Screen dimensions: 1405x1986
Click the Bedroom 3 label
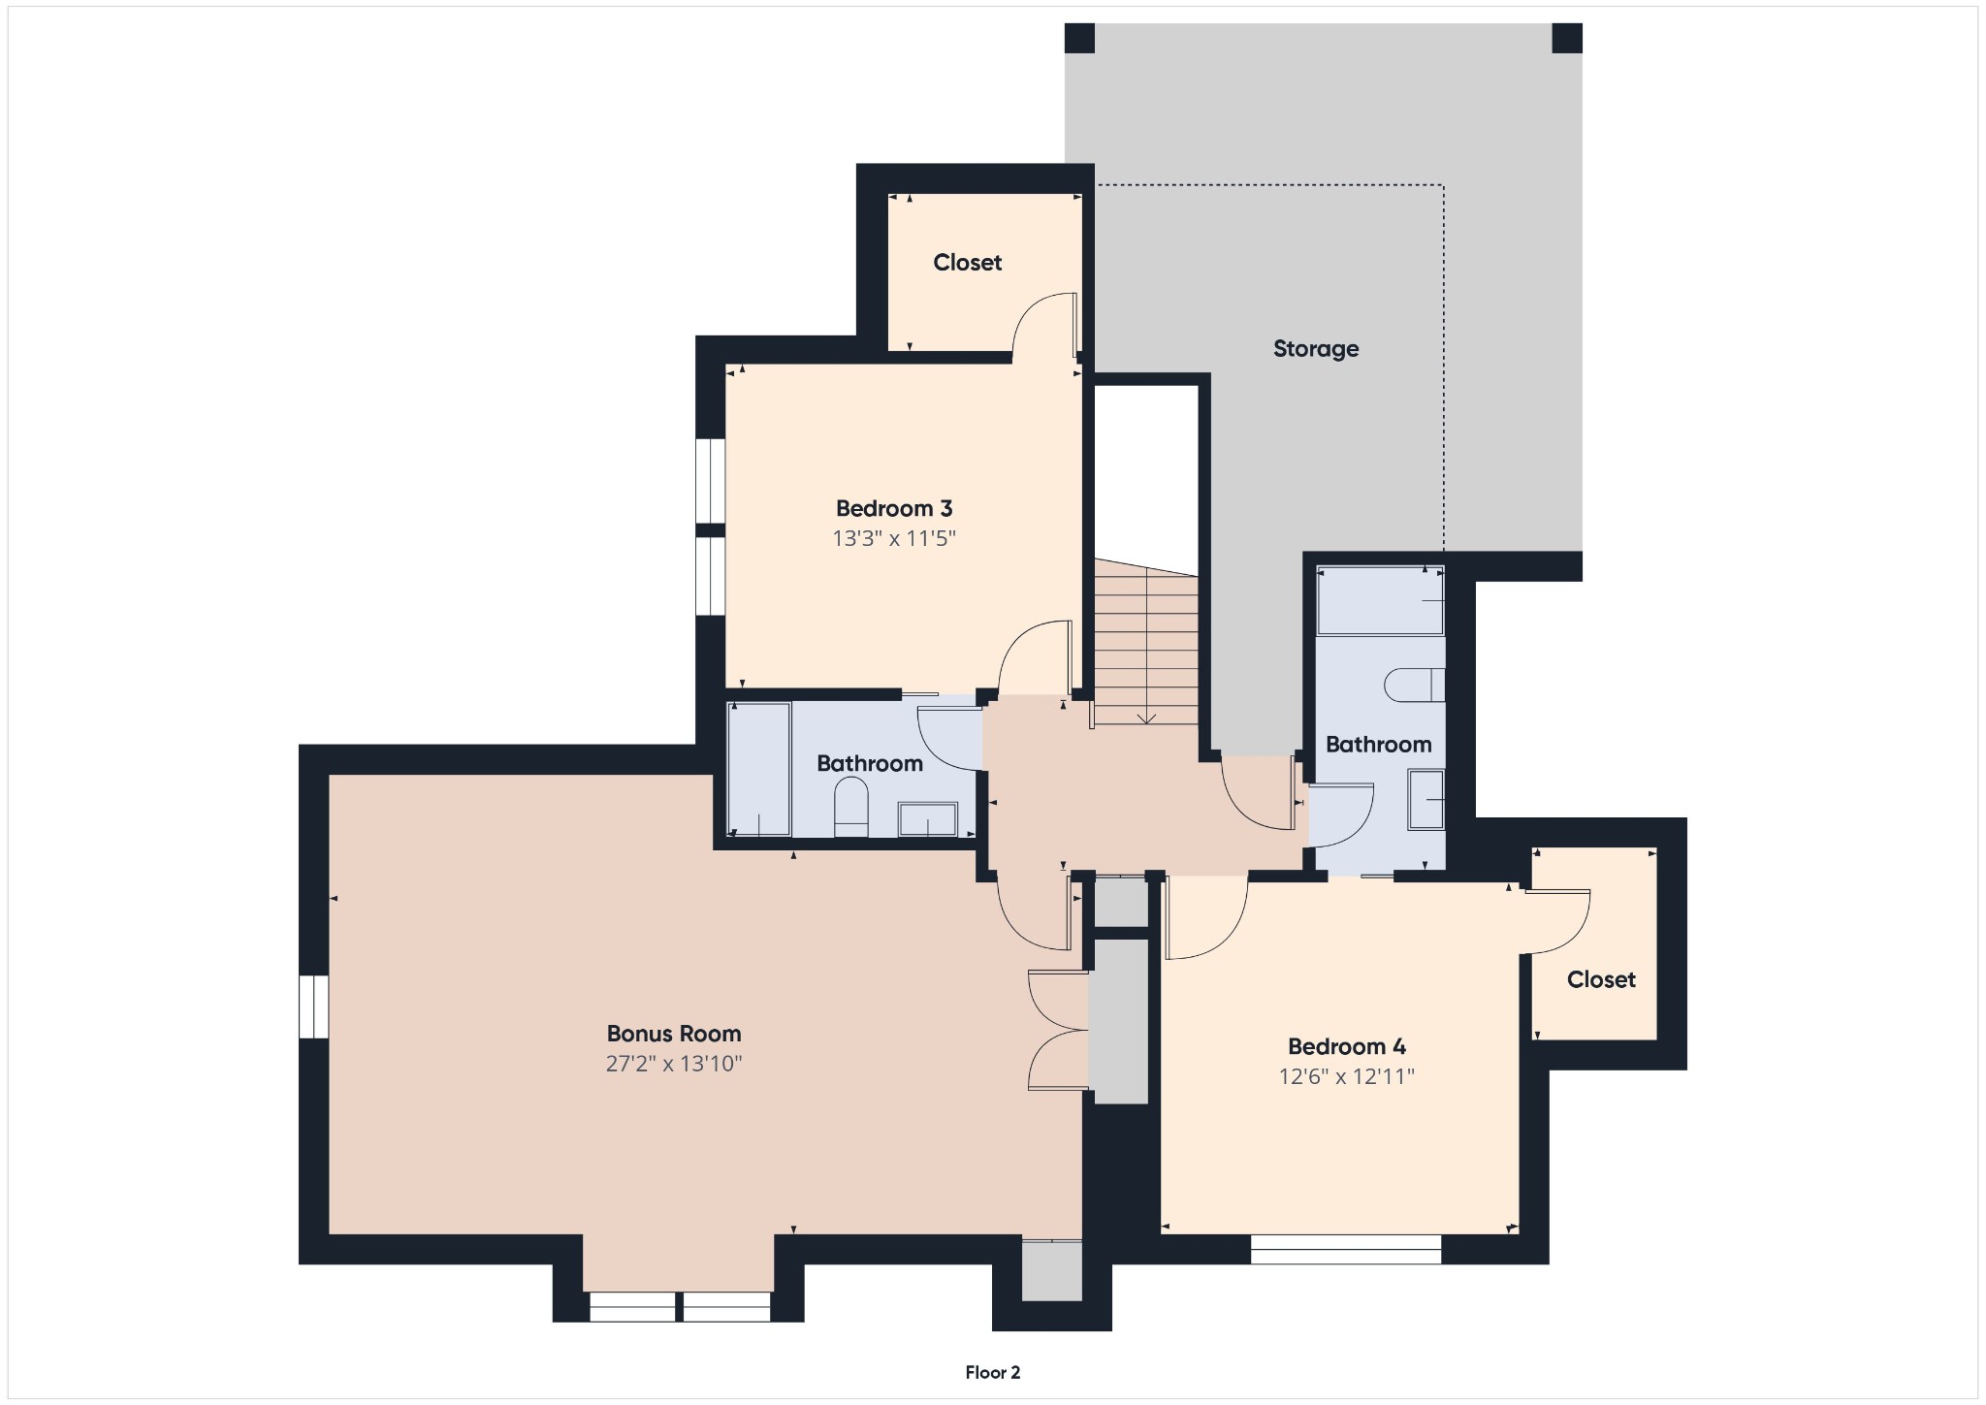tap(893, 508)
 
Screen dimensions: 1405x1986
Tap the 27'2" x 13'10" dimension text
tap(673, 1064)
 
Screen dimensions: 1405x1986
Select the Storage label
tap(1315, 348)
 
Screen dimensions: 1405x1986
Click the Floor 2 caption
tap(992, 1372)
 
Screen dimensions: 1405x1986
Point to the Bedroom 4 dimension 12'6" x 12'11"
tap(1346, 1076)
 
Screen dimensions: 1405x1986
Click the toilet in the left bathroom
tap(851, 807)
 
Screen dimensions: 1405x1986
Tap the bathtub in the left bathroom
tap(759, 768)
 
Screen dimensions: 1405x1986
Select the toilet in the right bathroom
tap(1413, 685)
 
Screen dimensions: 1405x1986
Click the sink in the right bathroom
tap(1425, 800)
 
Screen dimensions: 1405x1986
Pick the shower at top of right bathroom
tap(1379, 601)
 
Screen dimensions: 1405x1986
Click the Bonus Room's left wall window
tap(313, 1006)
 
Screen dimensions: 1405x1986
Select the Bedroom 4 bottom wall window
tap(1345, 1249)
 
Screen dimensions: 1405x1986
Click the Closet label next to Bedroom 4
tap(1600, 979)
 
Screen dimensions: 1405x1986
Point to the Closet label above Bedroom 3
tap(967, 262)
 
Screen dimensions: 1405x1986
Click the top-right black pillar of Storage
tap(1566, 38)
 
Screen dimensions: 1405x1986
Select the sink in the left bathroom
tap(927, 818)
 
